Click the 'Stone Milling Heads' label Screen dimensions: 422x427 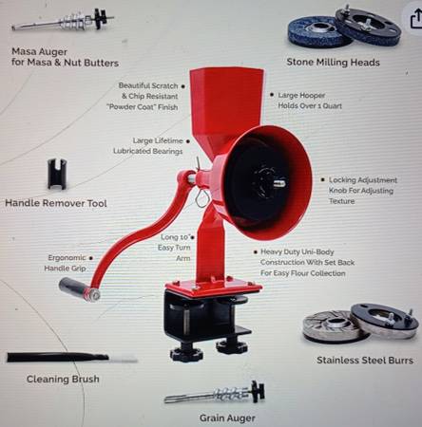(333, 62)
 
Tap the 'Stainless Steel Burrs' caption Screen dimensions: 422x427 (365, 360)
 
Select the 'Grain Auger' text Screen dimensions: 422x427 (227, 418)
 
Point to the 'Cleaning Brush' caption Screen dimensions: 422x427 (63, 379)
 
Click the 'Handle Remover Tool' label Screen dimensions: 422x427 (56, 203)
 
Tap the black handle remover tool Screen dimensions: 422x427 (57, 175)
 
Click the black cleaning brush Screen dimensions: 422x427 (72, 358)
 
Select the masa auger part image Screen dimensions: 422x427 (63, 21)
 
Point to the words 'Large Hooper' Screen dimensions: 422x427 (301, 95)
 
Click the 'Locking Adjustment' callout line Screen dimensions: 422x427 (363, 180)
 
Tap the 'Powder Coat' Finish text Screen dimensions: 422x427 (143, 107)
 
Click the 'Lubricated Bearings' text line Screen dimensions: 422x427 (148, 151)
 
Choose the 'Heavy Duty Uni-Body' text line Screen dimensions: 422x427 (297, 252)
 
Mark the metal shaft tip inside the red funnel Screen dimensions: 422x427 (279, 183)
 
